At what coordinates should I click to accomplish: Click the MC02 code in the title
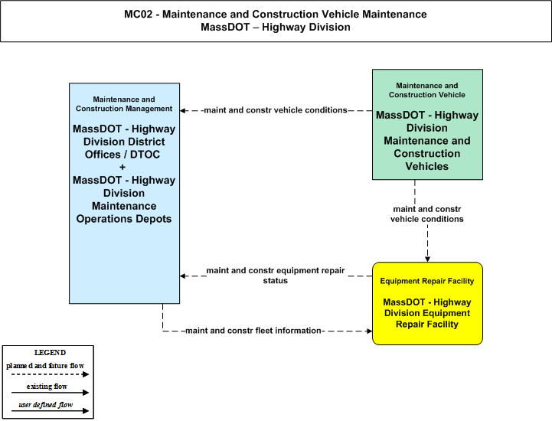pos(138,14)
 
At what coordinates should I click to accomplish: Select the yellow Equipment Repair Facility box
pos(427,303)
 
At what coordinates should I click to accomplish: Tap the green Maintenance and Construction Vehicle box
pos(427,125)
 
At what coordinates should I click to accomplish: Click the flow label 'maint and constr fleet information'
pos(253,331)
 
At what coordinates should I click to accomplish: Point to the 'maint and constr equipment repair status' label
pos(276,276)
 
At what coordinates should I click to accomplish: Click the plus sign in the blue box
pos(122,167)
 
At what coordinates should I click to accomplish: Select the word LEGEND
pos(50,352)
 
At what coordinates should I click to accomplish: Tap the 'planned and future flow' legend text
pos(45,366)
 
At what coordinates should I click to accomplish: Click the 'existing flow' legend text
pos(47,386)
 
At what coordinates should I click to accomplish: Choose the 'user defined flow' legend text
pos(45,405)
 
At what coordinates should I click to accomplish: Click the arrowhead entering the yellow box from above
pos(427,259)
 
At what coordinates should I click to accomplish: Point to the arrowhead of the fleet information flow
pos(369,331)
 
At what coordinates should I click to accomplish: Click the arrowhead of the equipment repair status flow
pos(183,276)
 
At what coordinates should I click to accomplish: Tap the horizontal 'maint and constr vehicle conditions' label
pos(276,110)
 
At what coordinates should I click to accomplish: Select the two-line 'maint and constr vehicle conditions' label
pos(427,214)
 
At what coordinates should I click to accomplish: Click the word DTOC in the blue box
pos(145,154)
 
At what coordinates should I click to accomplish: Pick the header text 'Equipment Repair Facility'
pos(427,281)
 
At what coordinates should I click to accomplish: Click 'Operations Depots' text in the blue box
pos(124,219)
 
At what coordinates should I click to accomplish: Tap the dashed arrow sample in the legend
pos(50,374)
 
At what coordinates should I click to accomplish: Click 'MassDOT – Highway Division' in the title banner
pos(276,27)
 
